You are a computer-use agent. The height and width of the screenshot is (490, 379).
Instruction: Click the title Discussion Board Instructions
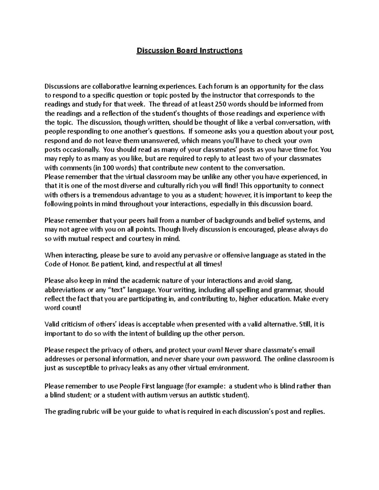click(189, 50)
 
